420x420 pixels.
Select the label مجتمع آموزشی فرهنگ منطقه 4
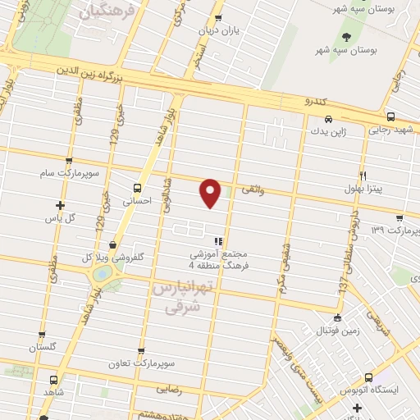tap(218, 260)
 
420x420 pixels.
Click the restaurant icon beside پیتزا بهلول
tap(363, 176)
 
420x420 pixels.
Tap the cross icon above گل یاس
tap(59, 205)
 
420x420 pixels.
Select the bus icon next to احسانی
tap(136, 188)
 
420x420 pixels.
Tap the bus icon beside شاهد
tap(54, 381)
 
